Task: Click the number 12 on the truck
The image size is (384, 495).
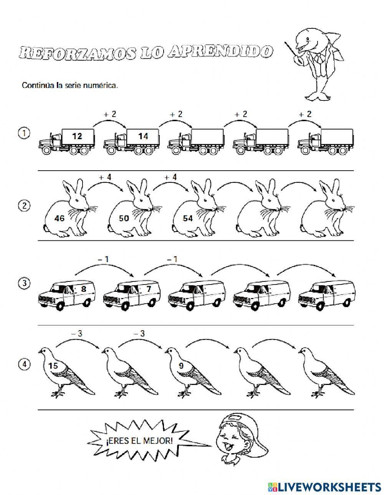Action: pos(77,136)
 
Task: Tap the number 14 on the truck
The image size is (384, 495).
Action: pos(143,136)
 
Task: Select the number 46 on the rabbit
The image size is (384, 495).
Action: pos(60,218)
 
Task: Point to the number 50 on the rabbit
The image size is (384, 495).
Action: pos(124,218)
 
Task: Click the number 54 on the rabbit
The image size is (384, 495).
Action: pos(188,218)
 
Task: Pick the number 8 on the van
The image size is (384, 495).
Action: pos(84,289)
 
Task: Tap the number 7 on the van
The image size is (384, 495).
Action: pos(149,289)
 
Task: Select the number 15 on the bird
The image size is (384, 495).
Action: pos(53,366)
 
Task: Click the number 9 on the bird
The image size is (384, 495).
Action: pos(181,366)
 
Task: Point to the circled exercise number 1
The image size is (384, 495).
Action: pos(24,133)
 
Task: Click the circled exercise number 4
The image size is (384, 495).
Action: pos(24,364)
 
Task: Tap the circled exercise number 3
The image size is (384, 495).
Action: pos(24,283)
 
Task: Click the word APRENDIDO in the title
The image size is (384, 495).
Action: pos(220,52)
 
